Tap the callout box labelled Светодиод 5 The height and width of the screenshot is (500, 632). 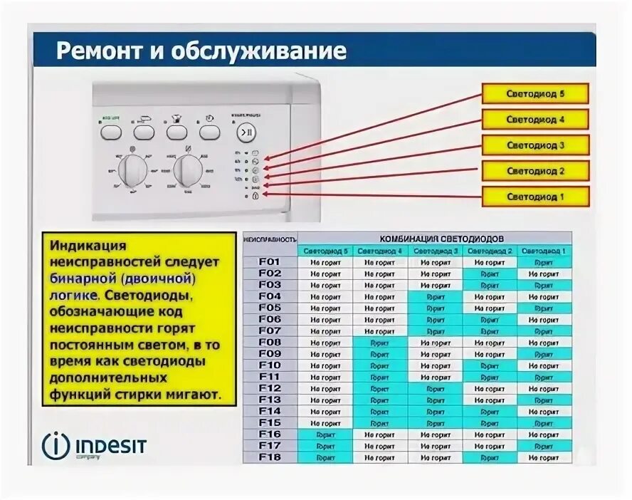(x=535, y=94)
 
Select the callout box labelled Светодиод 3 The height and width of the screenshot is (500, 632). (x=535, y=145)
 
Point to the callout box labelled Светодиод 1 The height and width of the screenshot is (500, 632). (x=535, y=197)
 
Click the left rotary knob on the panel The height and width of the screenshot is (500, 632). (x=132, y=170)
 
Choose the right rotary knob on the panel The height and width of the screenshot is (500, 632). (x=188, y=170)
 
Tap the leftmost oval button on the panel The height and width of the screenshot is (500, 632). (x=110, y=132)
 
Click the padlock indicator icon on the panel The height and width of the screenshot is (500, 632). (x=256, y=196)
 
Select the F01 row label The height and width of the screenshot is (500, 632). (x=270, y=262)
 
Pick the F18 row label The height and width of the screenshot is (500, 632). (x=270, y=457)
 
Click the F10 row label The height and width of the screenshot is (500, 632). (x=270, y=365)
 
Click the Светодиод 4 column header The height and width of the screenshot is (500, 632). (x=380, y=251)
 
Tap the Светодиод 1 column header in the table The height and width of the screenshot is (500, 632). (x=544, y=251)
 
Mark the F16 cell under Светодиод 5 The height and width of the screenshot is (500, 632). (x=325, y=434)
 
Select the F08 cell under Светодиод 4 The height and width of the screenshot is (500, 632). (x=380, y=343)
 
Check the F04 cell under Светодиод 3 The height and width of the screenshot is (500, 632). (x=435, y=297)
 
